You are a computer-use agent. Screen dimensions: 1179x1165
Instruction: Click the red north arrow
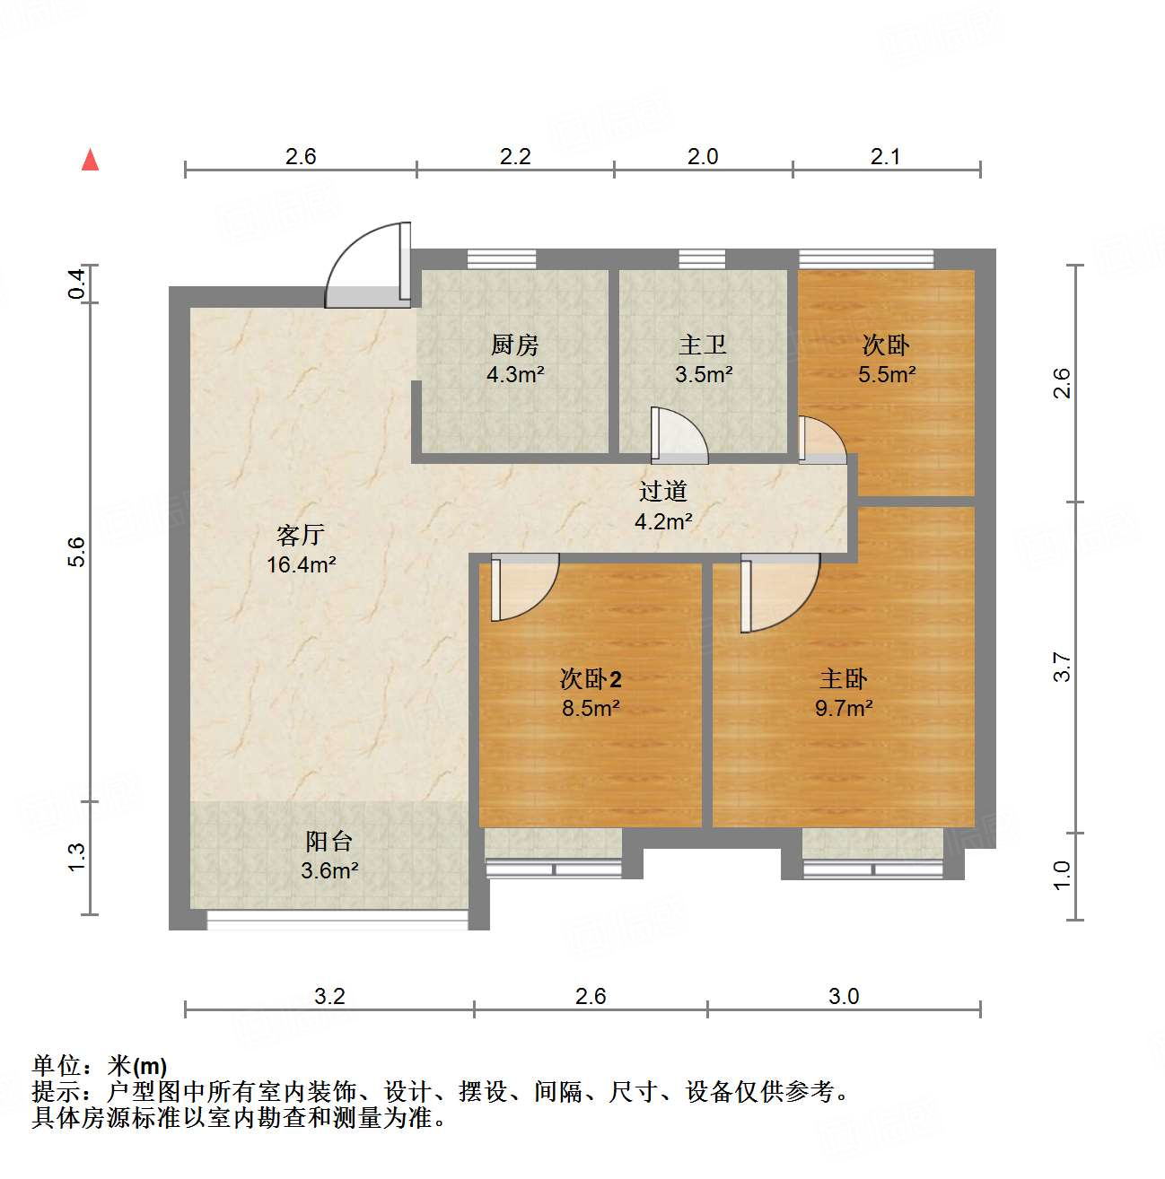point(90,160)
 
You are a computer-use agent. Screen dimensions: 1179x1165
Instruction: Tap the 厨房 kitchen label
point(515,345)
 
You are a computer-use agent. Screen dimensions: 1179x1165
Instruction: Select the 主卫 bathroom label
point(702,345)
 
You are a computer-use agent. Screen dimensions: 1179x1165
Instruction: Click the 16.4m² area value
point(302,565)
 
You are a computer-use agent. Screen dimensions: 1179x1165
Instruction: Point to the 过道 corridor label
point(663,491)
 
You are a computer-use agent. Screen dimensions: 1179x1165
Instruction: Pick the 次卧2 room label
point(591,679)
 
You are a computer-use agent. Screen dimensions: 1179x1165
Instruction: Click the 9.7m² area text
point(844,708)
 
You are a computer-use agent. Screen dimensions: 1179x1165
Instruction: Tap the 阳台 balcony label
point(329,842)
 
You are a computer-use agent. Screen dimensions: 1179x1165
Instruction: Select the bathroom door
point(678,437)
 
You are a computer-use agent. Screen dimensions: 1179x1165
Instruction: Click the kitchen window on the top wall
point(502,258)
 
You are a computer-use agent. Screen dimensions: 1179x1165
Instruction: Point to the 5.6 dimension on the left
point(77,551)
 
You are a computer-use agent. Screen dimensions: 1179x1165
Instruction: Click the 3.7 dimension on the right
point(1063,667)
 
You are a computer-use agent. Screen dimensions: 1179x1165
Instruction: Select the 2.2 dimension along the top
point(515,157)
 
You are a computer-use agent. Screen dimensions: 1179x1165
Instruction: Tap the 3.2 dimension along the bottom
point(329,996)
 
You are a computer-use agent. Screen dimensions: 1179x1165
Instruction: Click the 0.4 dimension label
point(77,284)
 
